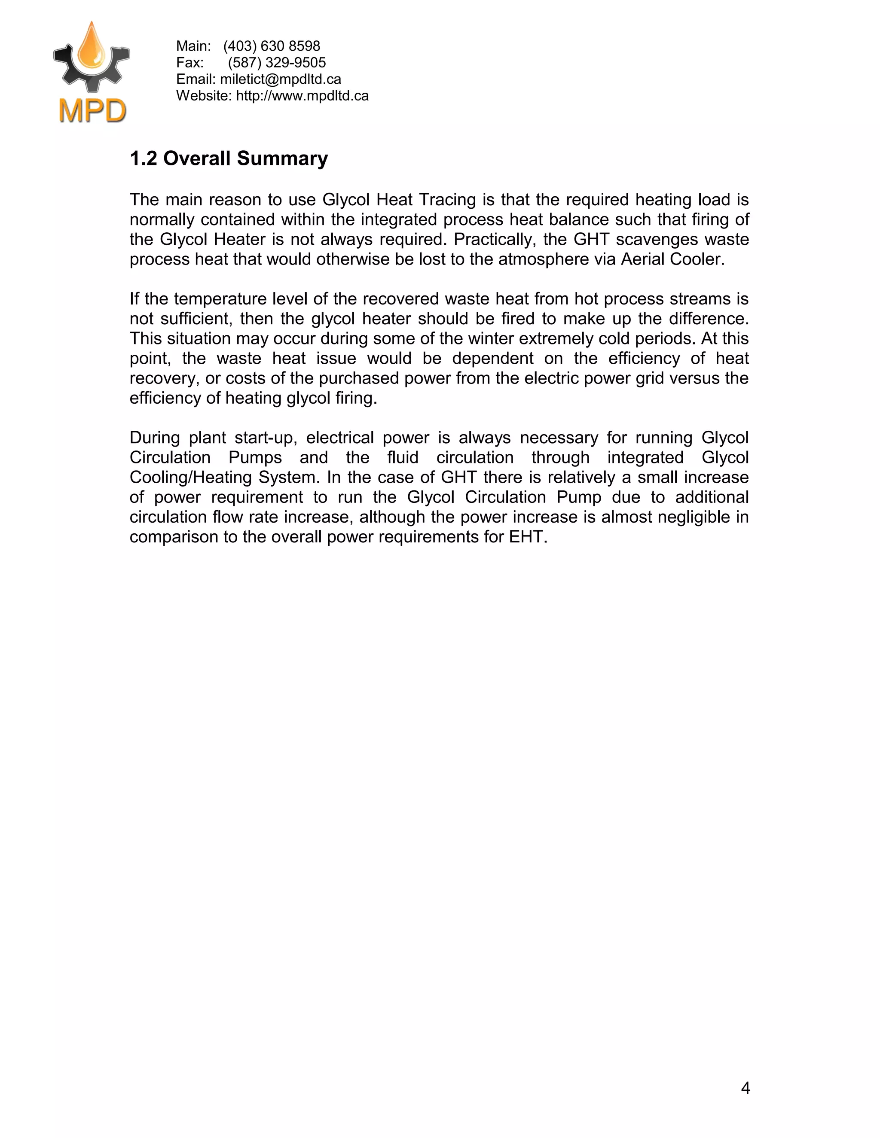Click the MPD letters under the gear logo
pos(92,110)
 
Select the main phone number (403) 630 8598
pos(272,46)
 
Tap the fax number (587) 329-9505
pos(277,63)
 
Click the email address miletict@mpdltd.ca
pos(281,79)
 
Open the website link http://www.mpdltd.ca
pos(302,96)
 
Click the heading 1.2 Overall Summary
pos(229,158)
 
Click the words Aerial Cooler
pos(672,259)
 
